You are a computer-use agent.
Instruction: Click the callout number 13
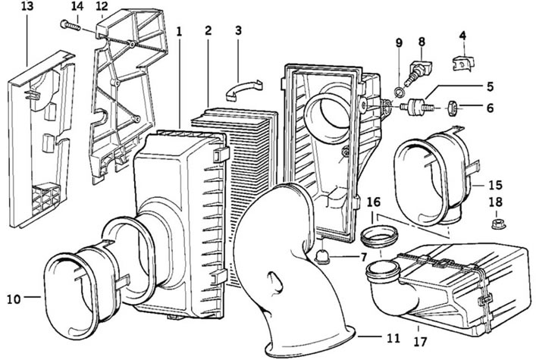tap(27, 7)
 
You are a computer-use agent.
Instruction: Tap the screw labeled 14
tap(71, 25)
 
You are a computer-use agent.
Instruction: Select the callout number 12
tap(102, 7)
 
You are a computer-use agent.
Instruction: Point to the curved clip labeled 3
tap(243, 89)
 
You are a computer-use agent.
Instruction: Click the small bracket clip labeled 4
tap(463, 63)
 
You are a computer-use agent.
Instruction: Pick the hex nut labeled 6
tap(453, 108)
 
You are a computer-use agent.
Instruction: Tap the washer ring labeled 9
tap(399, 92)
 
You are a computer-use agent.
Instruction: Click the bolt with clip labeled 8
tap(417, 72)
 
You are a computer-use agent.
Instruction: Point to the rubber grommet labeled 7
tap(322, 256)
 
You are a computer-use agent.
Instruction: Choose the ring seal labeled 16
tap(379, 236)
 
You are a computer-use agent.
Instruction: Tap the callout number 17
tap(420, 342)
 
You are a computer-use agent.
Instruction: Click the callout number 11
tap(393, 338)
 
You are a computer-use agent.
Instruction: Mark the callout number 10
tap(14, 299)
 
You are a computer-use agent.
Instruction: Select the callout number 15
tap(495, 185)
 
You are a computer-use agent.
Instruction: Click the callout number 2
tap(208, 31)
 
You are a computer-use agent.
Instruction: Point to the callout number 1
tap(179, 32)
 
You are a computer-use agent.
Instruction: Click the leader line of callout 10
tap(33, 297)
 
